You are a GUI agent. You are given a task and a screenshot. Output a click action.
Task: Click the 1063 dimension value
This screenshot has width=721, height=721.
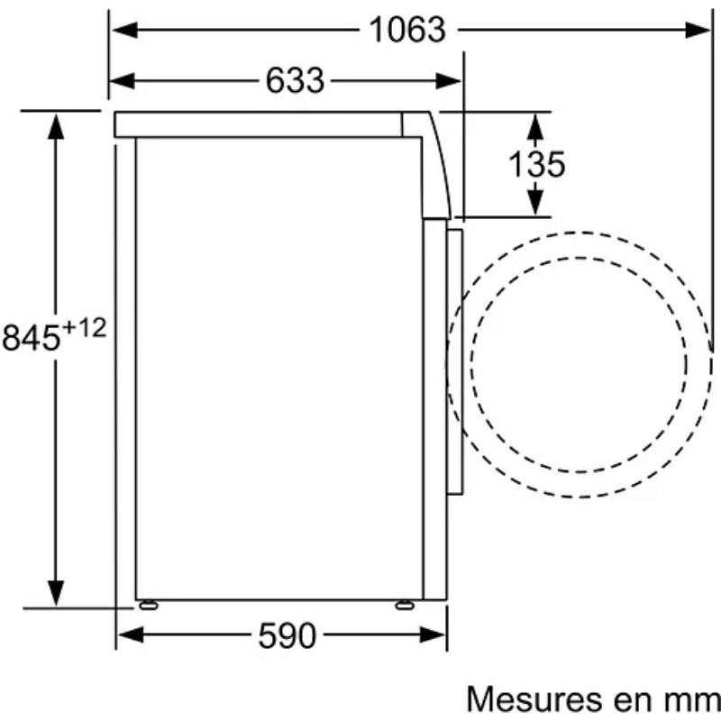(x=407, y=30)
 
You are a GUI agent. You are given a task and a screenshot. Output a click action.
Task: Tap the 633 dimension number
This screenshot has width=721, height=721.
(x=295, y=81)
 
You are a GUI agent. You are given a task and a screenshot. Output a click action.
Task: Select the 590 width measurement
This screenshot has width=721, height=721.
(x=287, y=636)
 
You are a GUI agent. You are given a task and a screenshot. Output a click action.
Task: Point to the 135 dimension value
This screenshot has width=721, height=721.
(x=536, y=164)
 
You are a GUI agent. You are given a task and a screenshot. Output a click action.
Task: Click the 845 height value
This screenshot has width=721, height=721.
(x=32, y=337)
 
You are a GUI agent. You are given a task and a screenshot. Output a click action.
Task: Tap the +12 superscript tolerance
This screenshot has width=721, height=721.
(x=84, y=328)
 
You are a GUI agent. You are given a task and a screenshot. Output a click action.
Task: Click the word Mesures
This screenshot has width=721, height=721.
(x=534, y=700)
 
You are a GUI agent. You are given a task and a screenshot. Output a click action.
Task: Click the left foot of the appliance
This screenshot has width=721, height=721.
(x=149, y=605)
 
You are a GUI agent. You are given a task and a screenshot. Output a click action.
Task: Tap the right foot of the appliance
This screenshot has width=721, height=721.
(x=405, y=605)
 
